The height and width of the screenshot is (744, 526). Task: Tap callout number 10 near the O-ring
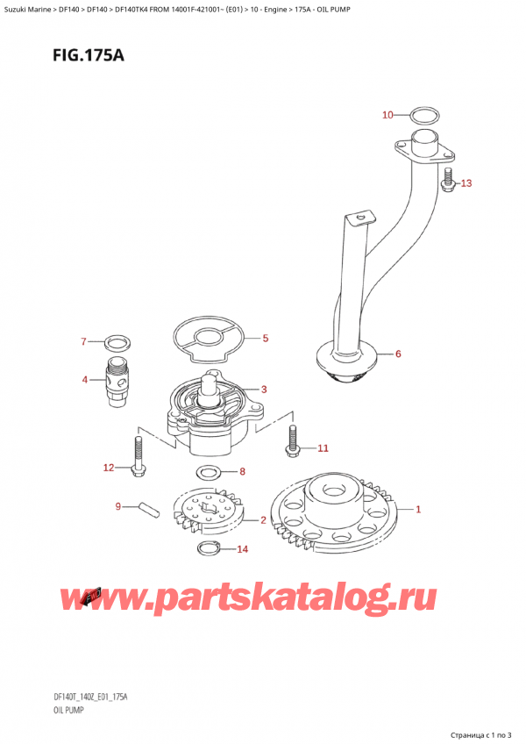tap(388, 115)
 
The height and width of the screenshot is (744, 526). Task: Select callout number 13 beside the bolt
tap(466, 183)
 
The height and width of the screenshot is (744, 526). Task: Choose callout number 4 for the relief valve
tap(85, 380)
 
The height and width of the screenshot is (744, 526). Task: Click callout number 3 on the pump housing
tap(263, 390)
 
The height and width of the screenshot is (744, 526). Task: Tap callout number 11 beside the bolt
tap(323, 448)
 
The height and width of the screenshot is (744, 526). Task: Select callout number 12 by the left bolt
tap(109, 468)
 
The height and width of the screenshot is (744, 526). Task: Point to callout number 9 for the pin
tap(118, 505)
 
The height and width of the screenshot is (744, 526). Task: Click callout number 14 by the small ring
tap(243, 550)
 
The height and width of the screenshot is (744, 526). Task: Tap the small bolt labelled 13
tap(448, 180)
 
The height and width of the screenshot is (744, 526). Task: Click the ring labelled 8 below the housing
tap(209, 474)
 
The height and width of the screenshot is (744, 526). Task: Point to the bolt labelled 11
tap(291, 441)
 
